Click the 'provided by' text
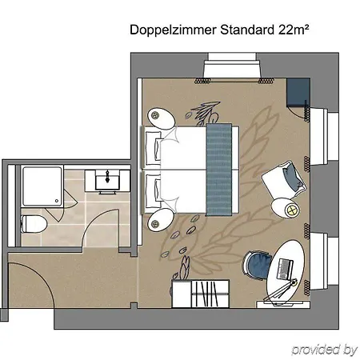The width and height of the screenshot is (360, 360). (x=323, y=350)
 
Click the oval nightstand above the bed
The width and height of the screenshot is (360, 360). (x=161, y=118)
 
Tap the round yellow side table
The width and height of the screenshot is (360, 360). (x=288, y=210)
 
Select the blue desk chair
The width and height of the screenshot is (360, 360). (x=258, y=264)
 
